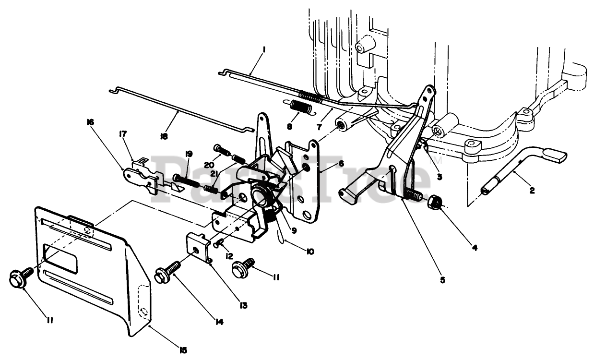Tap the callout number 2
click(x=532, y=191)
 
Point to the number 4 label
click(x=475, y=248)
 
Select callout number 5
click(x=442, y=279)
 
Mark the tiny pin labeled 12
click(x=220, y=244)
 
